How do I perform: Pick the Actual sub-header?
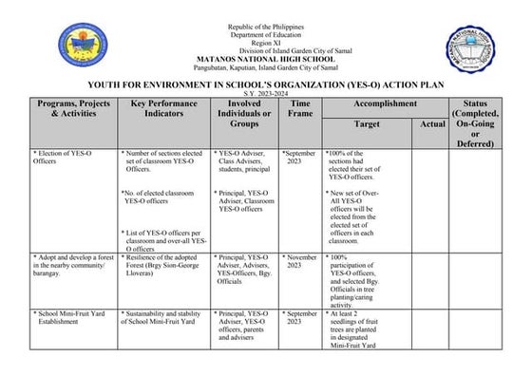(432, 124)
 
